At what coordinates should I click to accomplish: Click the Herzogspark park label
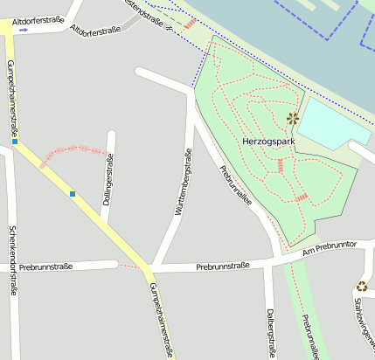[x=268, y=141]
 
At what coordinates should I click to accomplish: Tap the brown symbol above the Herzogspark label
[x=293, y=119]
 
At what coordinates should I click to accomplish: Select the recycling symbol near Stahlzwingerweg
[x=362, y=286]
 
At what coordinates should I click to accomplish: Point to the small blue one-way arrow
[x=23, y=30]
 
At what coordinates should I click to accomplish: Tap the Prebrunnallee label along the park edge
[x=235, y=184]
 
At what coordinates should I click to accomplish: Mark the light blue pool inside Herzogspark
[x=331, y=124]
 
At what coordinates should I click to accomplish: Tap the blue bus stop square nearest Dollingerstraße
[x=73, y=194]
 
